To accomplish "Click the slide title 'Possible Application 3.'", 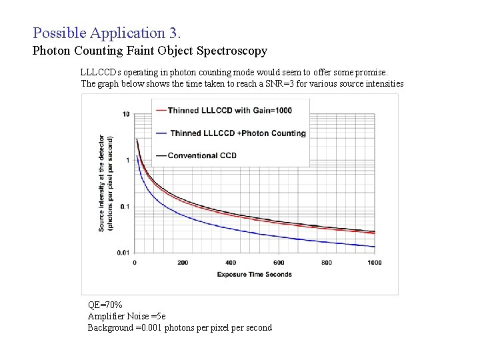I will [106, 32].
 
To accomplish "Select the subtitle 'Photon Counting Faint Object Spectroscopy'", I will [150, 51].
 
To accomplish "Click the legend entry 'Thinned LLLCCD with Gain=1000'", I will [229, 110].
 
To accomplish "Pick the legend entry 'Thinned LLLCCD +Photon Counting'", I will [237, 133].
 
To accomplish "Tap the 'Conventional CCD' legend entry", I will [202, 155].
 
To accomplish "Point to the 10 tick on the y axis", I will [125, 114].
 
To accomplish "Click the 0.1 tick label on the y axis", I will [125, 206].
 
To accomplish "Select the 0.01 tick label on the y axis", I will [123, 252].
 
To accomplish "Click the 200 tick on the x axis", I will [183, 263].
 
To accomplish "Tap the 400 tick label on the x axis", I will [231, 263].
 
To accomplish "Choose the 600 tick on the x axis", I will [279, 263].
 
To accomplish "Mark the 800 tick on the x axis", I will [327, 263].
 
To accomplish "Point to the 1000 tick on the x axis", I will [374, 263].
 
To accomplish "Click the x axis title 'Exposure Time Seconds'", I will [255, 274].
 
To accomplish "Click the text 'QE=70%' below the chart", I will [105, 305].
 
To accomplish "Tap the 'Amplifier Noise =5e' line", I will [127, 316].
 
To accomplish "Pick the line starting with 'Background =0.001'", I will [179, 327].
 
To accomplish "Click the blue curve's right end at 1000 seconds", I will [374, 247].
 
